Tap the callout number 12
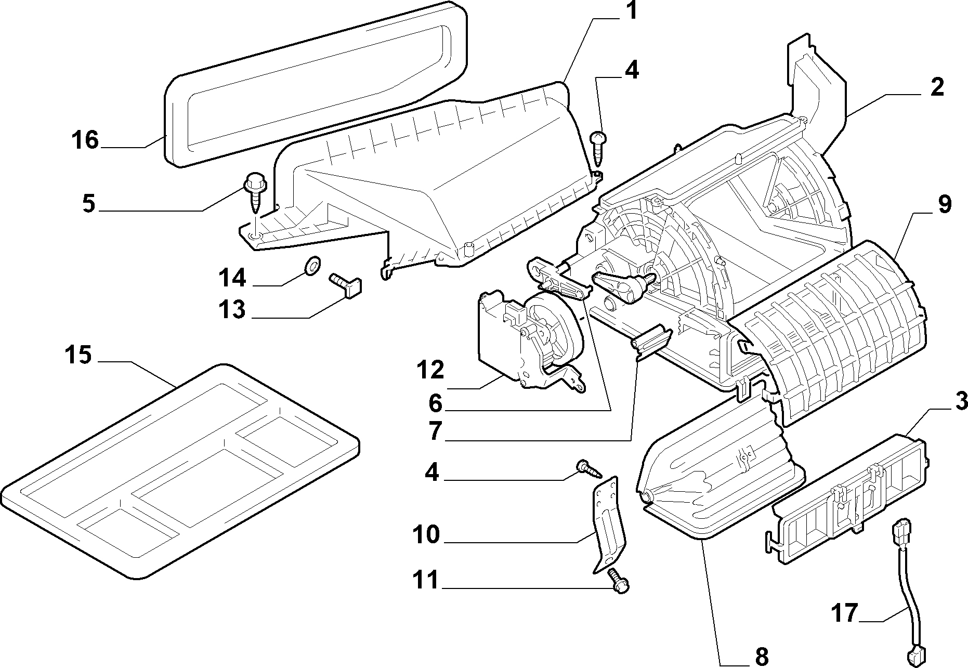430,370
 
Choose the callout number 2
937,87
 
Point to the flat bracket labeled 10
609,525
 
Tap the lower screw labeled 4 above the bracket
588,469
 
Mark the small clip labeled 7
650,341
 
